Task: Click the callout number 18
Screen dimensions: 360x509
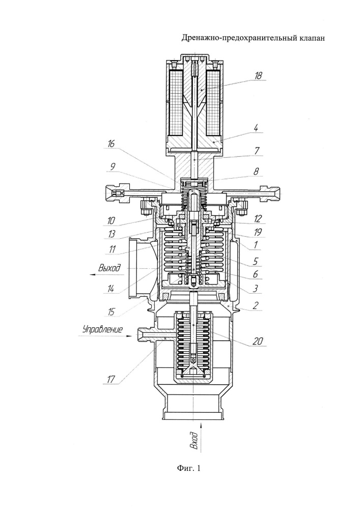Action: [x=258, y=76]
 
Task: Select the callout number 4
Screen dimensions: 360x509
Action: [x=256, y=128]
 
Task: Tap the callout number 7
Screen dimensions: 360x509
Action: [x=257, y=151]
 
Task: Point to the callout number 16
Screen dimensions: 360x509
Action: [x=112, y=144]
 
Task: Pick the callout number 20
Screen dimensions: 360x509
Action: [x=259, y=341]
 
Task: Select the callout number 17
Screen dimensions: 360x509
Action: [x=111, y=379]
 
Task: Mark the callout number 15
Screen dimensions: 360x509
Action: [x=112, y=312]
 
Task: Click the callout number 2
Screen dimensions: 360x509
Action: [x=256, y=305]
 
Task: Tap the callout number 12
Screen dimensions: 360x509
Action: [x=258, y=219]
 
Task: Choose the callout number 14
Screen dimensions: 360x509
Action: [x=111, y=289]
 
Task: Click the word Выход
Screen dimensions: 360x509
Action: [x=109, y=268]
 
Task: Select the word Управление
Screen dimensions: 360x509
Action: [x=102, y=329]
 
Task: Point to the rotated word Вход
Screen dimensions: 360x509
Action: [x=195, y=440]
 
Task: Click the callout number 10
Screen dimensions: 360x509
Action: [x=112, y=221]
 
